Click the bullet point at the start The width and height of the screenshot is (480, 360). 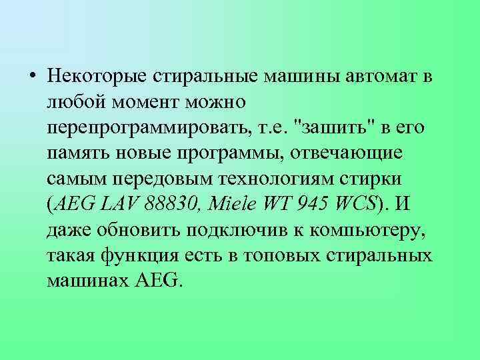[34, 76]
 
